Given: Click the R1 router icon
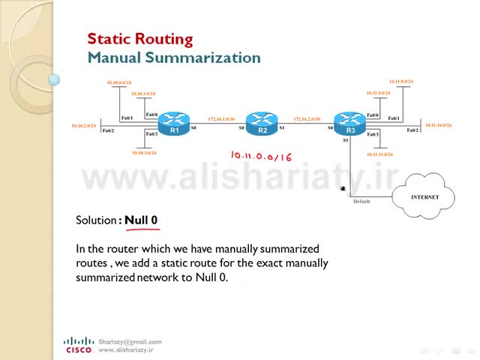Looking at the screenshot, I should (x=174, y=124).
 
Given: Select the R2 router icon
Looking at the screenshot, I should (x=262, y=124).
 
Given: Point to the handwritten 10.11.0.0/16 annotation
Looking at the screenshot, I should (x=261, y=156).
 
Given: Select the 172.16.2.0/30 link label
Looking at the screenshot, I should (x=307, y=119).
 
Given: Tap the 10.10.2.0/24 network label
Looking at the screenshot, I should (x=84, y=125).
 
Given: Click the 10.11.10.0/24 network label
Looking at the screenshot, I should (x=438, y=125).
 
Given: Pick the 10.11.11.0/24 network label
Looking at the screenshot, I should (x=379, y=154).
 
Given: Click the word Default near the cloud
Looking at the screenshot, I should (x=361, y=201).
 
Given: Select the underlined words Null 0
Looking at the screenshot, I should (x=141, y=220).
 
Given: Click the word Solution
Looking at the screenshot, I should (x=96, y=220).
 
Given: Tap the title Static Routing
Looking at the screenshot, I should (x=139, y=39).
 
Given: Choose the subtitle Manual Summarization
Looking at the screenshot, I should (x=174, y=58).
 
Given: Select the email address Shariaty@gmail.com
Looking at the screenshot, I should (x=130, y=341).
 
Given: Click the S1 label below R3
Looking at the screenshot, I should (x=346, y=140).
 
